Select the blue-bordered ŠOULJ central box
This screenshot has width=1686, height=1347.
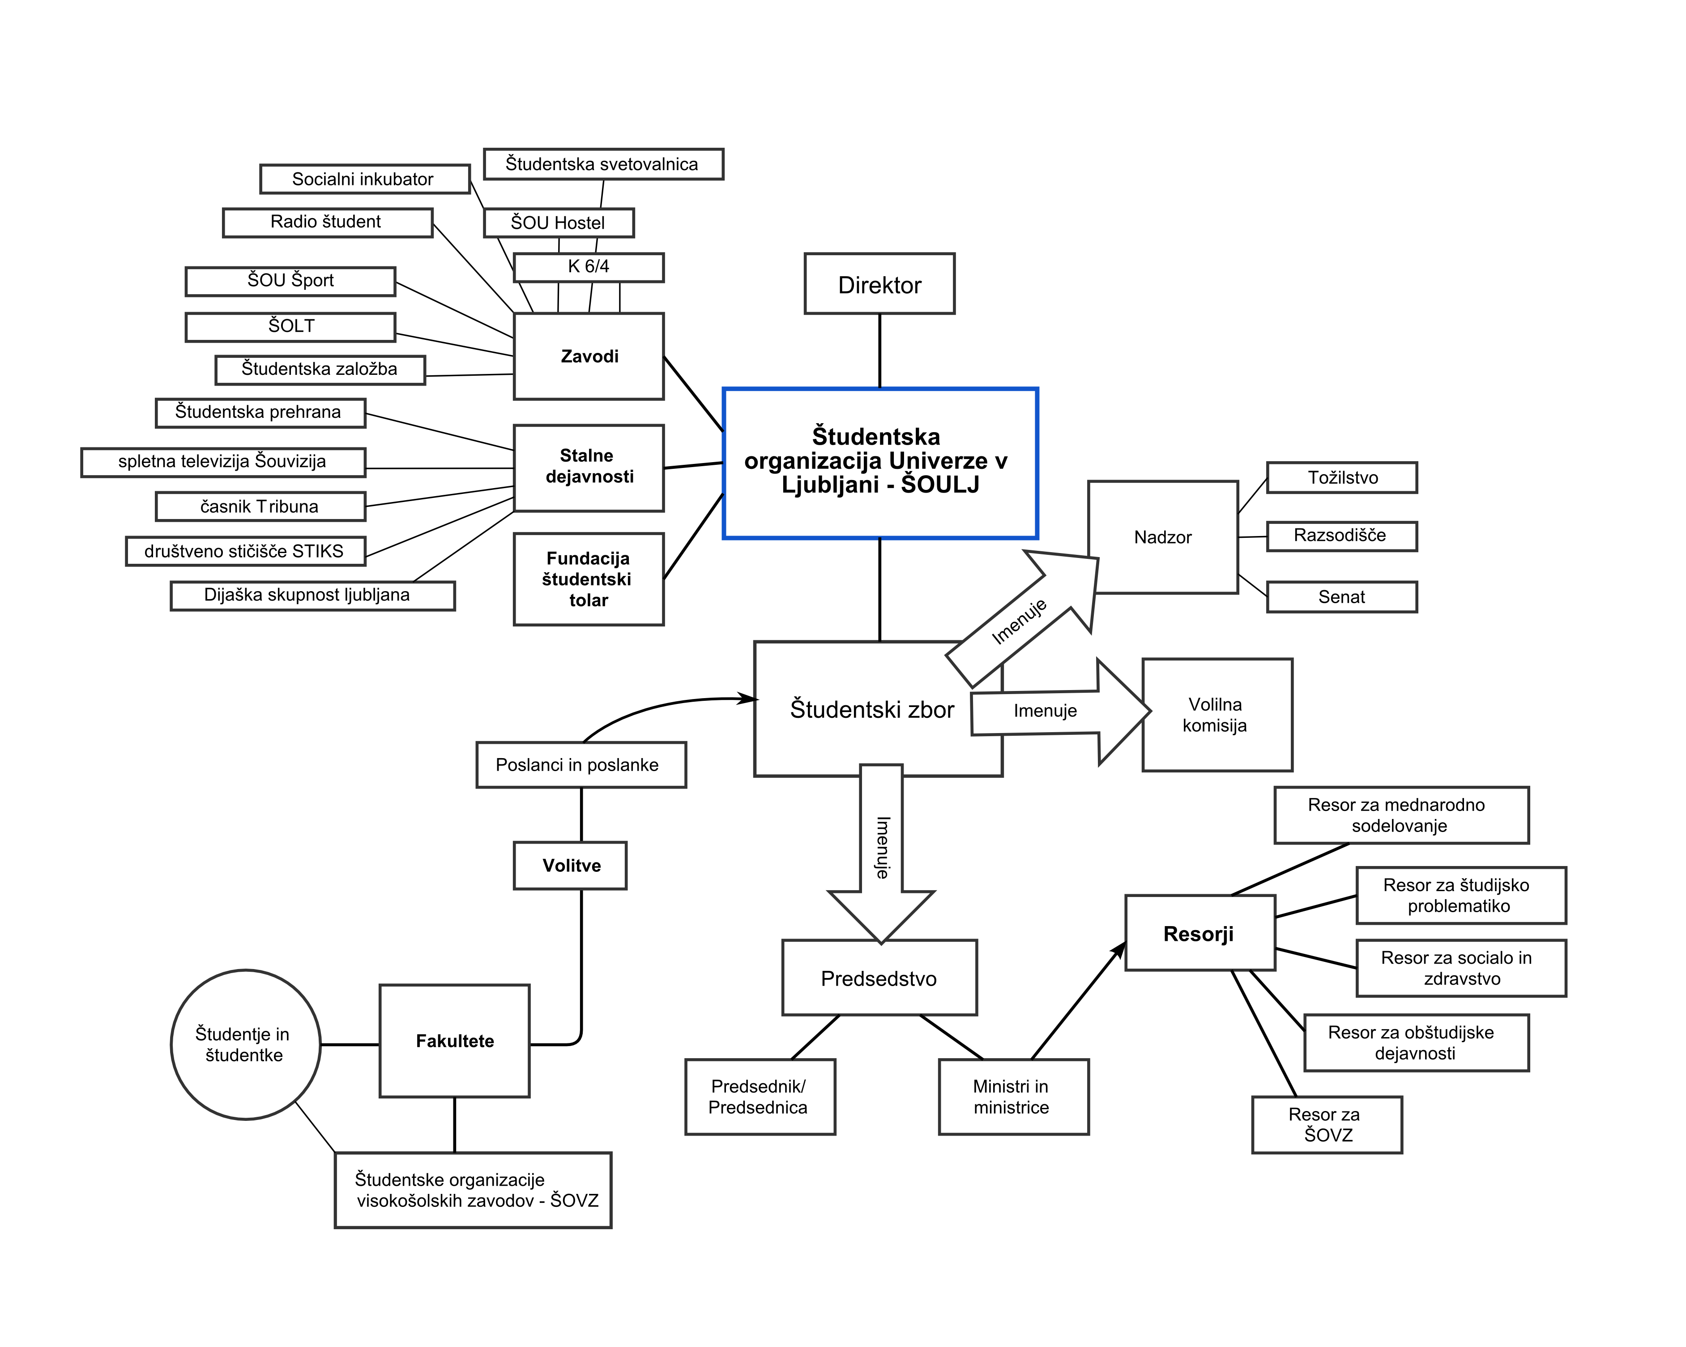click(x=880, y=463)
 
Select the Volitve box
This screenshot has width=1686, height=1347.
click(x=570, y=865)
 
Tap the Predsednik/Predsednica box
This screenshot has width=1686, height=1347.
click(x=760, y=1097)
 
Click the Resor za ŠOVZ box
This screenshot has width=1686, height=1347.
click(x=1326, y=1124)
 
